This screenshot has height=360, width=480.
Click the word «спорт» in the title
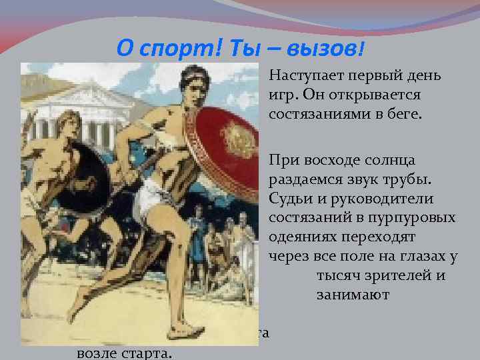169,48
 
